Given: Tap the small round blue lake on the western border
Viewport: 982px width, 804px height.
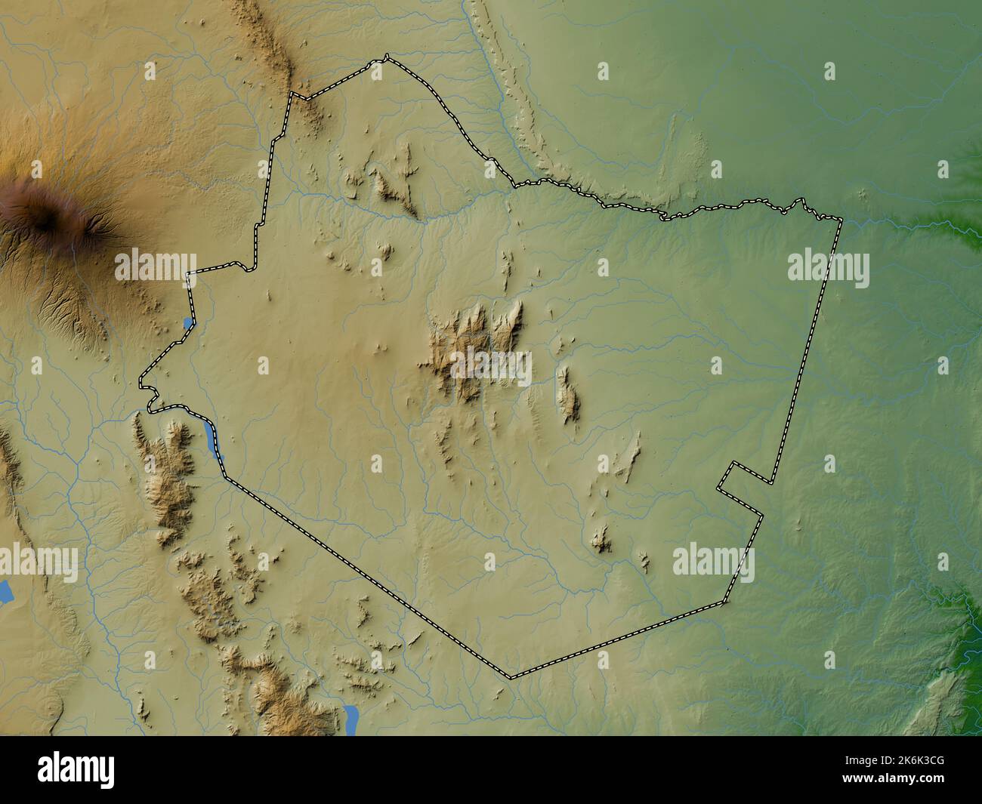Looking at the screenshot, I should click(x=187, y=324).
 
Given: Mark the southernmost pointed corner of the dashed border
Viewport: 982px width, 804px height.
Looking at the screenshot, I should click(x=511, y=677).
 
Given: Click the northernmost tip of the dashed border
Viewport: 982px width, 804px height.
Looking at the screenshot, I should click(x=387, y=56).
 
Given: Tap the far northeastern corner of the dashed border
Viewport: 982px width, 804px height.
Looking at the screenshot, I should click(x=841, y=219).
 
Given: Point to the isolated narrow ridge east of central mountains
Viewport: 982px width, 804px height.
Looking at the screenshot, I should click(x=567, y=393).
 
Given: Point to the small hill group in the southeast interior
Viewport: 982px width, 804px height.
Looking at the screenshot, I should click(x=602, y=538).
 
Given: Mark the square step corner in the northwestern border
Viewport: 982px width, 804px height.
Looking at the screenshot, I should click(x=292, y=94).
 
